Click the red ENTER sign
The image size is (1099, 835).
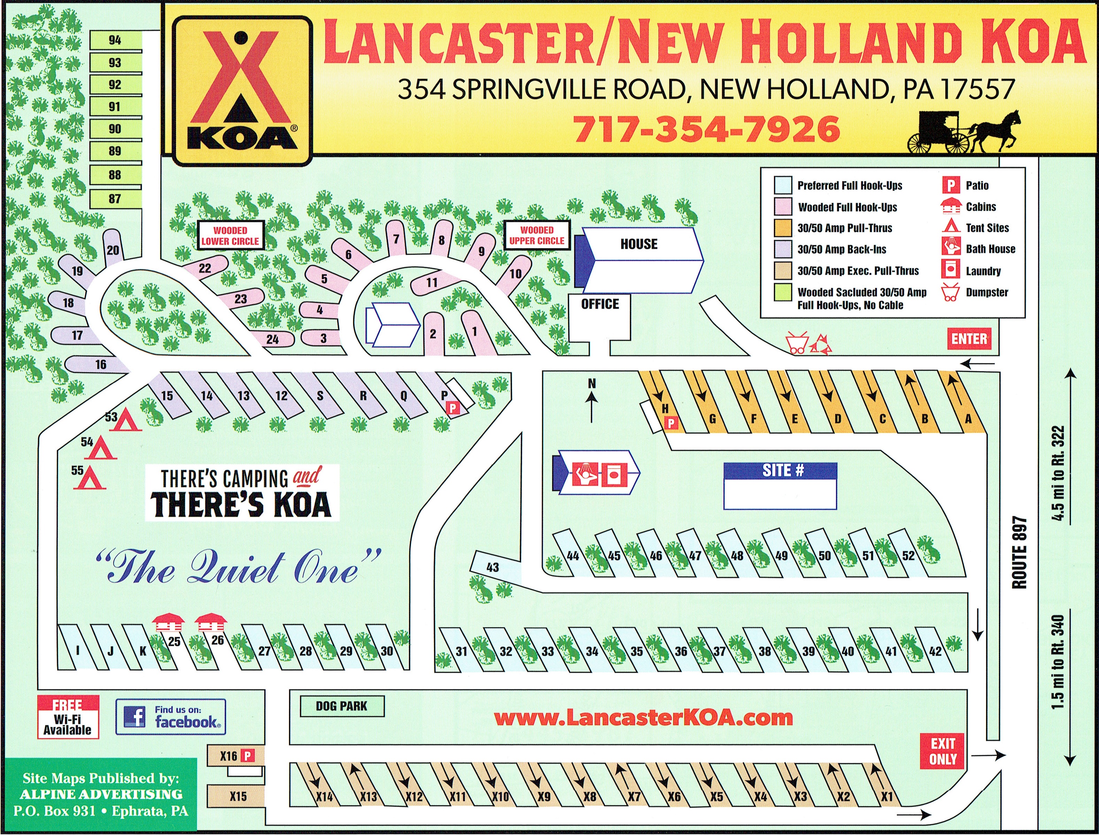[x=969, y=339]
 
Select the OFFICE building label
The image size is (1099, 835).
[x=600, y=304]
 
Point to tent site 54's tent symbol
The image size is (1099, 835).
[x=102, y=448]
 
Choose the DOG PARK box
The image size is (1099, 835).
[x=342, y=706]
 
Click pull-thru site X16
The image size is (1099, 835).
[x=236, y=756]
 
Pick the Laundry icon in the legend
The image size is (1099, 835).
[x=950, y=270]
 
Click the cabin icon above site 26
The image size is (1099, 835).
[x=211, y=622]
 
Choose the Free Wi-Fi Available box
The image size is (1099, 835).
[x=68, y=717]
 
